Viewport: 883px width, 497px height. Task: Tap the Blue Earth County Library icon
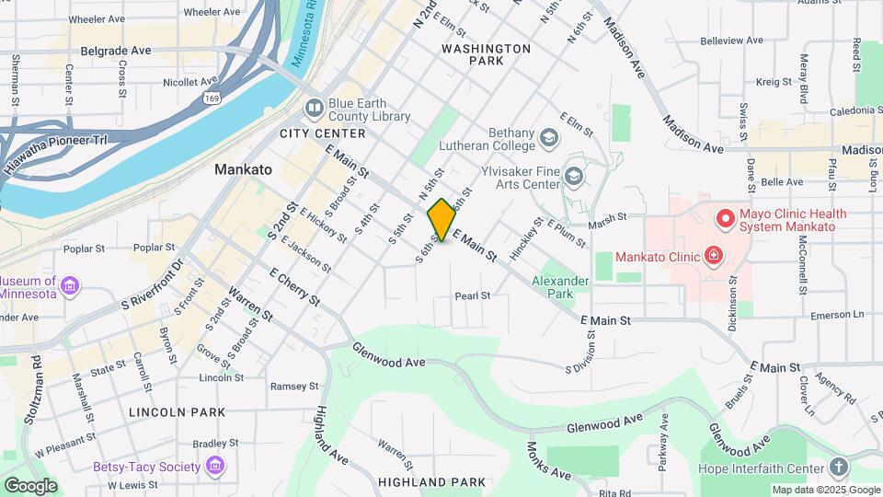point(315,110)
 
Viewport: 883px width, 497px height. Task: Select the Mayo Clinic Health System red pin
point(726,219)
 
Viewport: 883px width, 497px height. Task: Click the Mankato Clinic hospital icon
point(712,255)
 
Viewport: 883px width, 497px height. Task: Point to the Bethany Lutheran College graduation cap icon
point(550,139)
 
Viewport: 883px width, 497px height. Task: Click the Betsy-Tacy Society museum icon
point(215,466)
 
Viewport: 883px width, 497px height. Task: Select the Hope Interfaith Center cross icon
point(838,467)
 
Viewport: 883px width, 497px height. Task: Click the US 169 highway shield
point(237,97)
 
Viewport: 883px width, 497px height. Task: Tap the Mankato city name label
point(243,169)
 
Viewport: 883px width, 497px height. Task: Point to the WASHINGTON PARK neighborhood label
point(486,53)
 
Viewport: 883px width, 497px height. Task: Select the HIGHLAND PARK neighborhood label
point(430,482)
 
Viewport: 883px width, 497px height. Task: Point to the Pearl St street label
point(473,296)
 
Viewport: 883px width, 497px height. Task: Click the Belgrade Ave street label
point(116,51)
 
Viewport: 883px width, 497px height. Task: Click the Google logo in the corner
point(30,485)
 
